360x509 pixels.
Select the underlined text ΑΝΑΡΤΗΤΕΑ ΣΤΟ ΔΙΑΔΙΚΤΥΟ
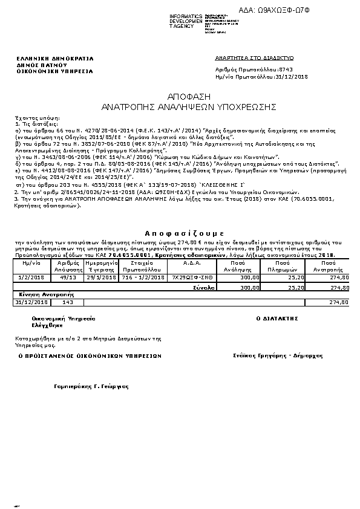point(254,58)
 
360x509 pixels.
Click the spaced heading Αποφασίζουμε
point(185,232)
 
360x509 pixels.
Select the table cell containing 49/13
point(68,277)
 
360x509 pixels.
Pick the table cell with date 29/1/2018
point(101,277)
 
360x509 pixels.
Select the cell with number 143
point(68,302)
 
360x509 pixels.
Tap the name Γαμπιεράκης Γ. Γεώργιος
point(92,385)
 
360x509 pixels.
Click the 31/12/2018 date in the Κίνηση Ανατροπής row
point(31,302)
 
